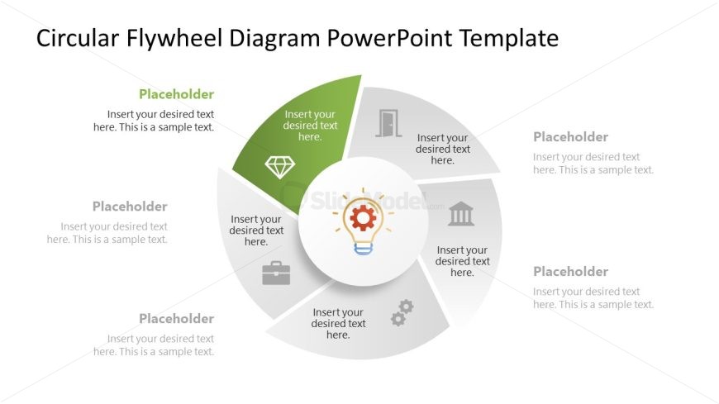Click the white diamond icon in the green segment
tap(279, 167)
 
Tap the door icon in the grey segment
tap(388, 123)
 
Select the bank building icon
tap(461, 214)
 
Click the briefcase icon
tap(276, 273)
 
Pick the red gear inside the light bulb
tap(363, 218)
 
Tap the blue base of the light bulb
tap(363, 249)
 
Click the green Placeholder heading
tap(177, 94)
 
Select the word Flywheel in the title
tap(174, 38)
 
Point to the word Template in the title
tap(509, 38)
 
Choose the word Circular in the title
tap(78, 38)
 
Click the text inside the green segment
tap(310, 126)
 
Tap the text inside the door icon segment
tap(443, 149)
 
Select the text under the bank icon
tap(462, 261)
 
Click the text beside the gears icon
tap(338, 323)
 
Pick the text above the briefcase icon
tap(256, 231)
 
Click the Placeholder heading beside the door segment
tap(570, 136)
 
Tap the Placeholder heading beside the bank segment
tap(570, 272)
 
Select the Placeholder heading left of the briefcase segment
tap(130, 207)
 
